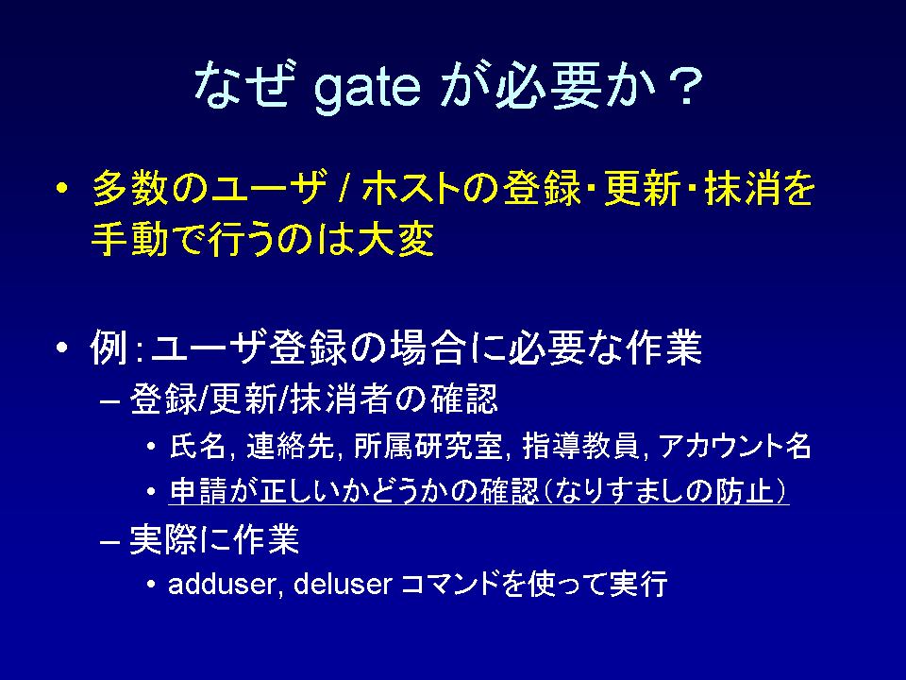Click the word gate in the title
[x=367, y=88]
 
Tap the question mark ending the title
[x=686, y=86]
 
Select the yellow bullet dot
[x=62, y=188]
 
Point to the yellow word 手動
[x=129, y=239]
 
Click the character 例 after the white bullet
[x=109, y=347]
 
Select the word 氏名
[x=197, y=446]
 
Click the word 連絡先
[x=290, y=446]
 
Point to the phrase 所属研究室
[x=428, y=446]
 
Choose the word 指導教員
[x=580, y=446]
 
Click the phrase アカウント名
[x=734, y=446]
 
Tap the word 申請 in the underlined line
[x=197, y=491]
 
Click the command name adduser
[x=222, y=583]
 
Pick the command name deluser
[x=344, y=583]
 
